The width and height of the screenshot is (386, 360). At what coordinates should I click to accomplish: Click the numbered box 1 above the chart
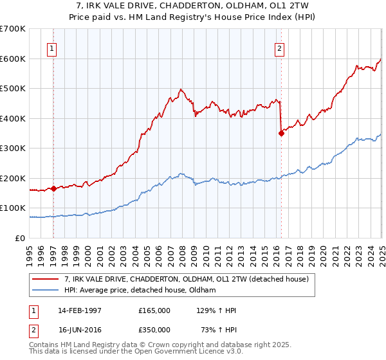pos(51,47)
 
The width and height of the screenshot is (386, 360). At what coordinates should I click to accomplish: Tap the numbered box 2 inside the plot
pos(280,47)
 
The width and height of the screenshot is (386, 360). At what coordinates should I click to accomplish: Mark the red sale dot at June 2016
pos(281,134)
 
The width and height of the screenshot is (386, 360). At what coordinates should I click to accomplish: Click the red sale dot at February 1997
pos(54,188)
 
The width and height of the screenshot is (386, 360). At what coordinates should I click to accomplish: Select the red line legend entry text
pos(187,279)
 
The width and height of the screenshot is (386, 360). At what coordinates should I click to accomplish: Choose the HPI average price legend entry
pos(140,291)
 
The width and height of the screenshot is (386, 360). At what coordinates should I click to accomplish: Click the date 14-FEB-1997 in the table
pos(80,310)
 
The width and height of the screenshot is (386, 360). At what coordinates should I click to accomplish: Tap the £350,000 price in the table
pos(154,328)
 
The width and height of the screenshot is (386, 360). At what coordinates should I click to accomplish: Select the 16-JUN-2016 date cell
pos(80,328)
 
